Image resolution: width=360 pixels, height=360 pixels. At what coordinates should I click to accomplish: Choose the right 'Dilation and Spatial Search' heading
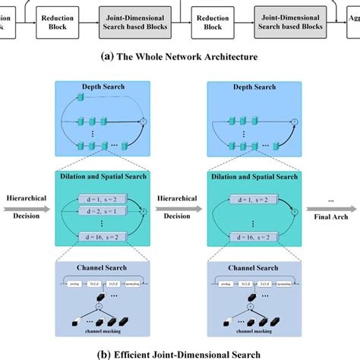[253, 176]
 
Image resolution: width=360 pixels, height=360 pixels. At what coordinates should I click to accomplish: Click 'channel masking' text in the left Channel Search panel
[106, 331]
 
